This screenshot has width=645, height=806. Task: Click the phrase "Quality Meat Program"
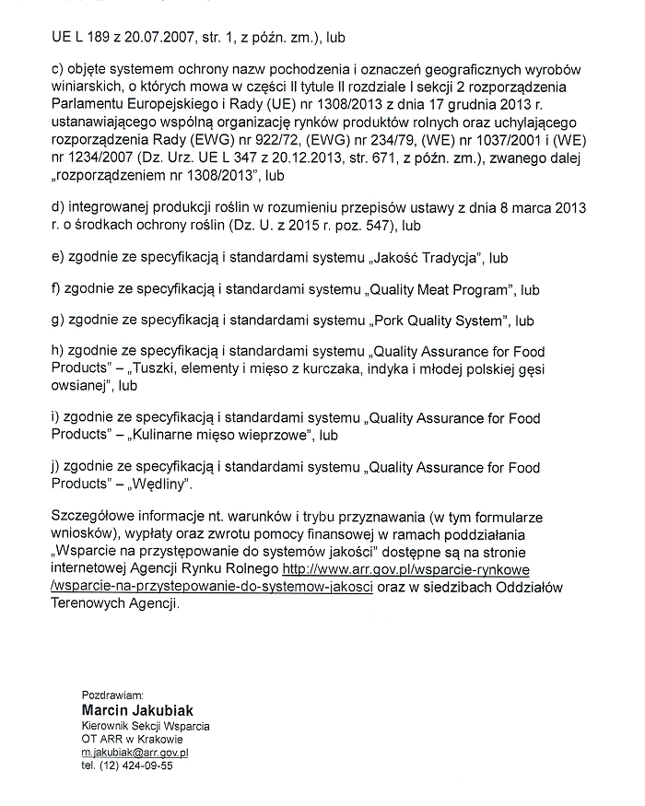click(x=439, y=289)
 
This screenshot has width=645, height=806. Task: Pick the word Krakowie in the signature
click(x=159, y=739)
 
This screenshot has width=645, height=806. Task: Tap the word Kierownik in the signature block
click(x=104, y=726)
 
